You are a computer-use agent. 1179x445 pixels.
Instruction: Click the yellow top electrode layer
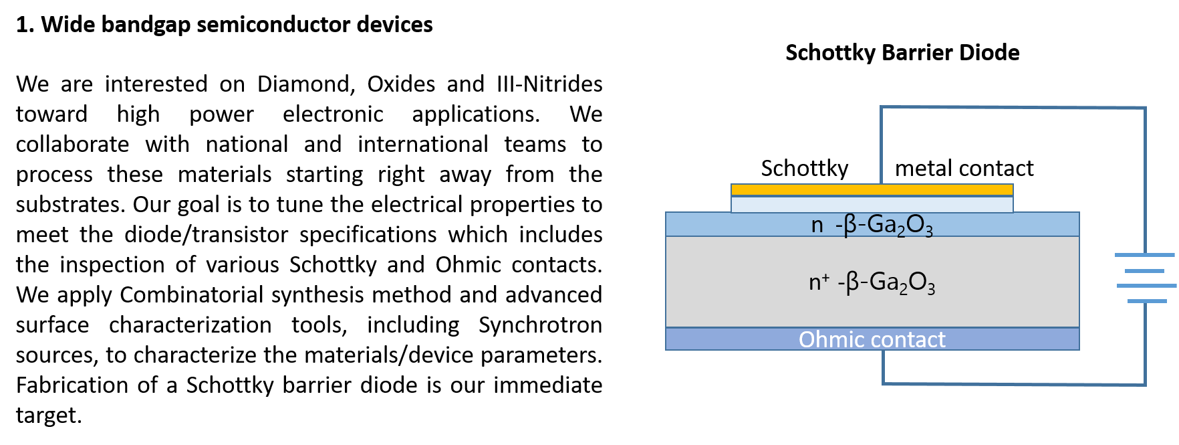[872, 190]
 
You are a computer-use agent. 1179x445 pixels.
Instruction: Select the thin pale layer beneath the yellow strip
[872, 204]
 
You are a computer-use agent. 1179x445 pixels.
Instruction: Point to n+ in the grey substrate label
[819, 282]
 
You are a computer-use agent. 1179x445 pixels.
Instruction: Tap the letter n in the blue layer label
[817, 225]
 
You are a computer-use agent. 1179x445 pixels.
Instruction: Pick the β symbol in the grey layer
[852, 283]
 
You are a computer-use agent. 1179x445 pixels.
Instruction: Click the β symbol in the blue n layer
[850, 226]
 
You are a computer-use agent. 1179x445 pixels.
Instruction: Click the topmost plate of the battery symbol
[1144, 255]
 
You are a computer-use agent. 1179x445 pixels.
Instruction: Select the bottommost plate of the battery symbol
[1147, 301]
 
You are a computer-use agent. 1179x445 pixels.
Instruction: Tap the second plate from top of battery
[1144, 271]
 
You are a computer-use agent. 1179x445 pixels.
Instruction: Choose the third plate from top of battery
[1146, 286]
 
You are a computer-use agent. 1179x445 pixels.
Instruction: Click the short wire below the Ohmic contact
[884, 367]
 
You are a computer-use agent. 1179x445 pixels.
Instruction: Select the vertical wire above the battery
[1145, 181]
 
